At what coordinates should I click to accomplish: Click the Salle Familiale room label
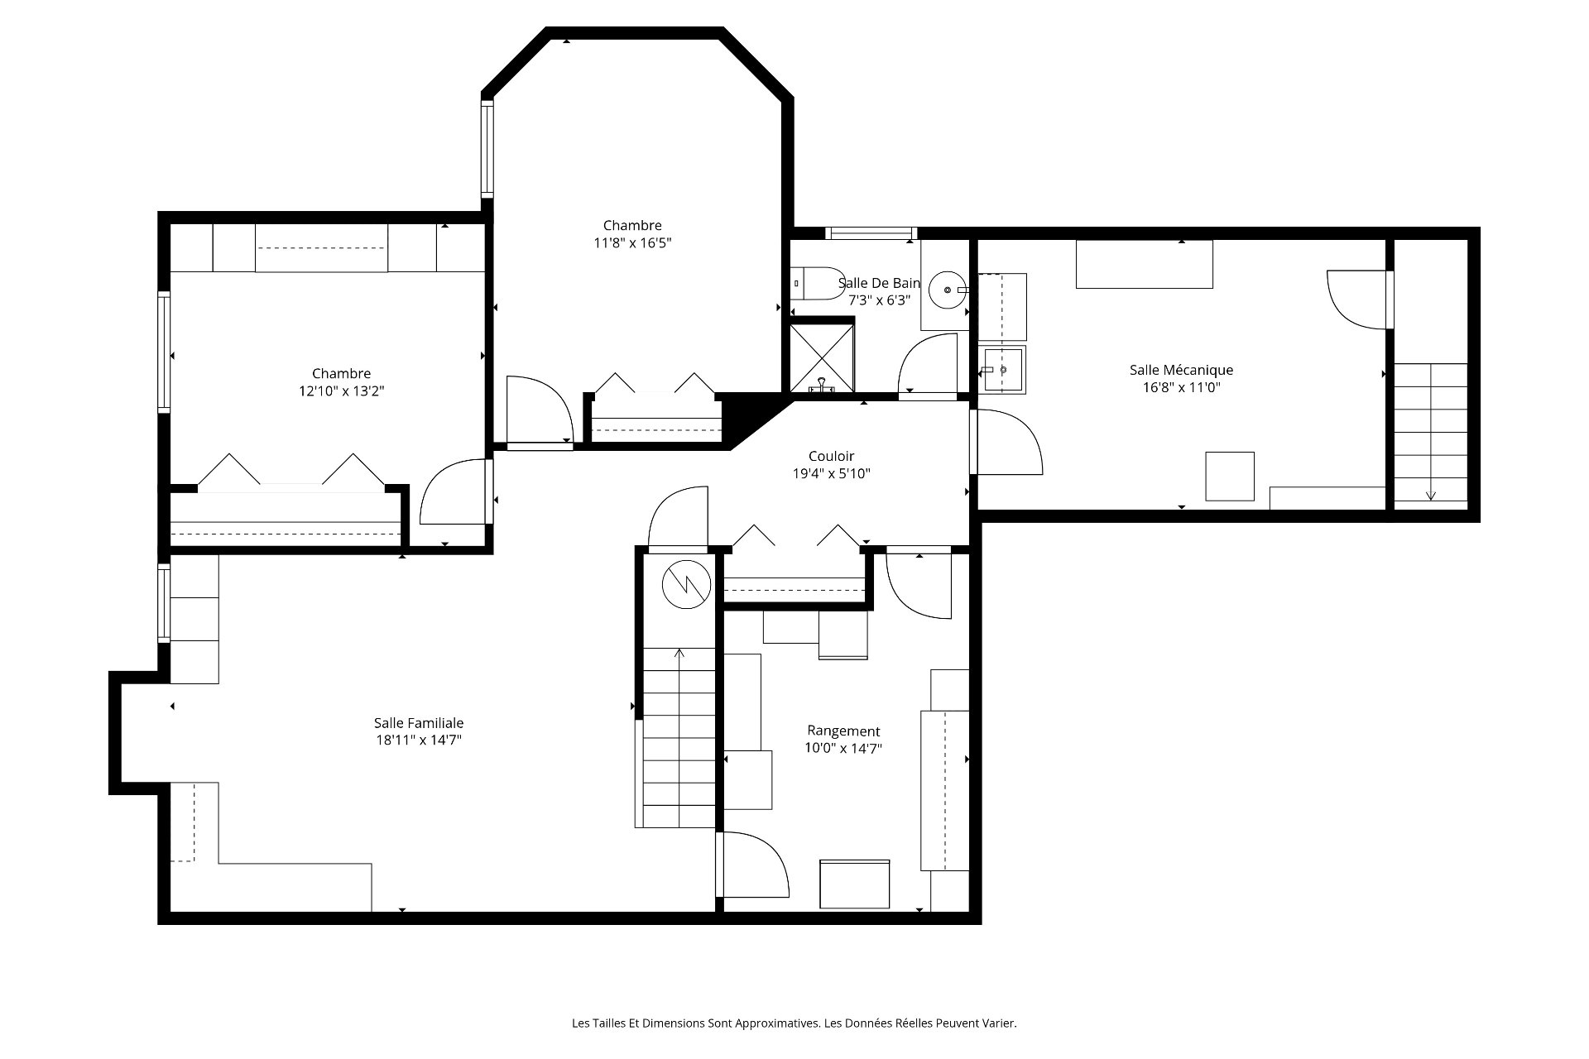tap(418, 723)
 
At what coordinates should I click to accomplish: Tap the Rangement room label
tap(843, 731)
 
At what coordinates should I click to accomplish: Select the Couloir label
tap(831, 456)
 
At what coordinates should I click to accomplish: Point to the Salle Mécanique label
tap(1181, 370)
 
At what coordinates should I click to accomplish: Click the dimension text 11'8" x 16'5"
tap(632, 243)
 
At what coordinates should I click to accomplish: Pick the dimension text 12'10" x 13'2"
tap(342, 391)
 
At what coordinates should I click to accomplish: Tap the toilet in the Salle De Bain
tap(818, 283)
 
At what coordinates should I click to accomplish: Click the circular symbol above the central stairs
tap(686, 585)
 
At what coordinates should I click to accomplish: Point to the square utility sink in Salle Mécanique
tap(1001, 370)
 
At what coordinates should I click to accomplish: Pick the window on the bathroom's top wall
tap(871, 233)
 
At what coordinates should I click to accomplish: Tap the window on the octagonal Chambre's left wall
tap(487, 148)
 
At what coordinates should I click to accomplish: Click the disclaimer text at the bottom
tap(794, 1023)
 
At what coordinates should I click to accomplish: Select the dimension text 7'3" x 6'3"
tap(879, 300)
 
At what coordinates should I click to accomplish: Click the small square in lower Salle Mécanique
tap(1230, 477)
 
